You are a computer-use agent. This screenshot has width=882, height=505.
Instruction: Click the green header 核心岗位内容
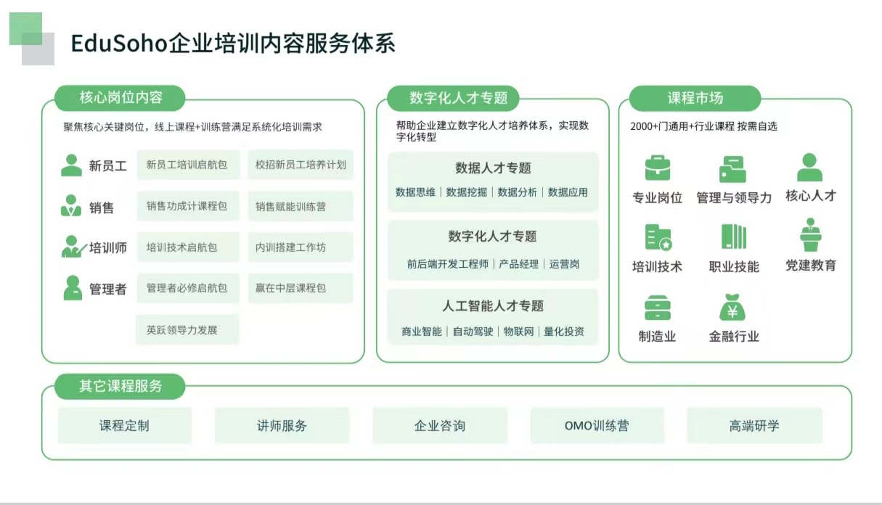pyautogui.click(x=120, y=98)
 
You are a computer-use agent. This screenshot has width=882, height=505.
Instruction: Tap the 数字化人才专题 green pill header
pyautogui.click(x=453, y=98)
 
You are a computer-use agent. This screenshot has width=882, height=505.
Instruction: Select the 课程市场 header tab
pyautogui.click(x=695, y=98)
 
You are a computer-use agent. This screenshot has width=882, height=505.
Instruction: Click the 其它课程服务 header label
pyautogui.click(x=120, y=386)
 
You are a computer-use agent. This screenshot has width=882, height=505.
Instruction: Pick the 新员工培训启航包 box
pyautogui.click(x=188, y=165)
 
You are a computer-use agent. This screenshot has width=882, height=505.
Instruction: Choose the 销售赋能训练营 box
pyautogui.click(x=301, y=206)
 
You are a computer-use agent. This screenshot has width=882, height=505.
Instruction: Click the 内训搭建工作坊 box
pyautogui.click(x=301, y=247)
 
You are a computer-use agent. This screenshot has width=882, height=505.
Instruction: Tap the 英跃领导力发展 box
pyautogui.click(x=187, y=330)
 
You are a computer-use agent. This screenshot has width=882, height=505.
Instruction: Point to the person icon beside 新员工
pyautogui.click(x=71, y=165)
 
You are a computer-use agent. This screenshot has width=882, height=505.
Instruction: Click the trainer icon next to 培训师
pyautogui.click(x=73, y=247)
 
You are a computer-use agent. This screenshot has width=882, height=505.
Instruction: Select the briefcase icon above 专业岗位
pyautogui.click(x=658, y=168)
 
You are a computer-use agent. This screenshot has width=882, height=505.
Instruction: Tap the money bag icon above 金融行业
pyautogui.click(x=732, y=308)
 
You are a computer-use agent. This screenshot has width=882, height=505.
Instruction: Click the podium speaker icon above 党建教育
pyautogui.click(x=810, y=234)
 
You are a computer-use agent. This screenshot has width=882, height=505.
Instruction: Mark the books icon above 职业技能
pyautogui.click(x=734, y=237)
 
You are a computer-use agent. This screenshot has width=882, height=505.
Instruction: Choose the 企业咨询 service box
pyautogui.click(x=440, y=425)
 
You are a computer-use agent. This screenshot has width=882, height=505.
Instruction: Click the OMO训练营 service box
pyautogui.click(x=597, y=425)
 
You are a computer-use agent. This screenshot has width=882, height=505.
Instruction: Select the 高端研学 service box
pyautogui.click(x=754, y=425)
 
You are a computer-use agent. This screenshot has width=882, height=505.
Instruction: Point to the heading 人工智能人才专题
pyautogui.click(x=493, y=306)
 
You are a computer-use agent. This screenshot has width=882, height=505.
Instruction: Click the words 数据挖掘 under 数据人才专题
pyautogui.click(x=467, y=192)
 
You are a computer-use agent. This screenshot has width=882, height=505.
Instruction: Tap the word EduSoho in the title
pyautogui.click(x=119, y=43)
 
